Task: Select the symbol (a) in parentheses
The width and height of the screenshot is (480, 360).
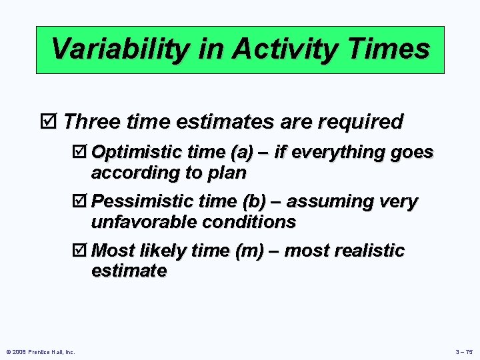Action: [241, 153]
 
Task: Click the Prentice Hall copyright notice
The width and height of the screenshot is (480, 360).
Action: [40, 352]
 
